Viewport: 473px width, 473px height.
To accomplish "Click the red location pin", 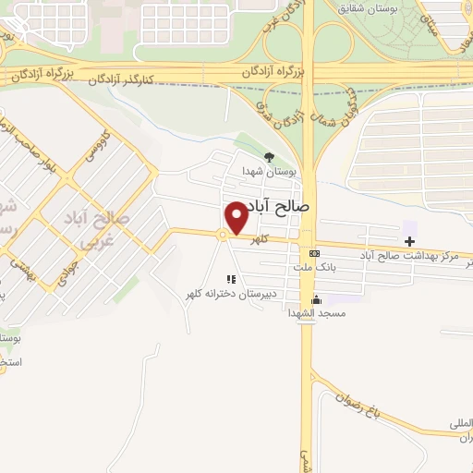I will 236,218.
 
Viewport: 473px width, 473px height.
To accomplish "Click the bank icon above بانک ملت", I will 315,253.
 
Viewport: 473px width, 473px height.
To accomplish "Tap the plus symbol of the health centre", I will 409,240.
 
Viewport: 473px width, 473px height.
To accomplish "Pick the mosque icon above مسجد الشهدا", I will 316,299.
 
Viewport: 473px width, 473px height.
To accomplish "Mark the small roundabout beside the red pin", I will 223,236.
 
